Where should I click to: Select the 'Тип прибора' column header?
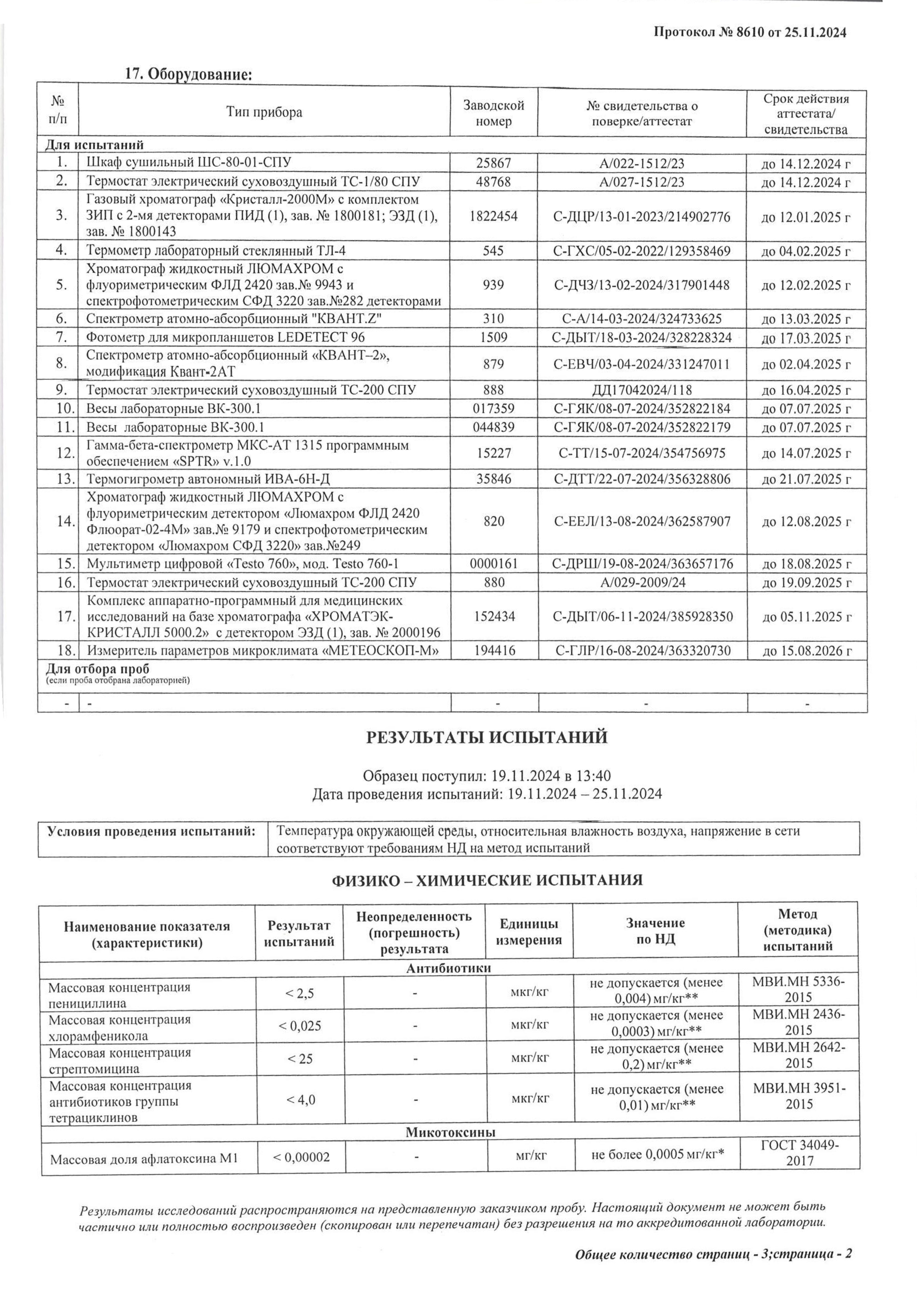(x=264, y=112)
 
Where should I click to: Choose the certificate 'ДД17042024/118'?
(x=642, y=390)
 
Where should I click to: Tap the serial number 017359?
(x=494, y=408)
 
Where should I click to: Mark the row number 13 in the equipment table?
(x=66, y=479)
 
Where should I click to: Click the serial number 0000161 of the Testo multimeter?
(x=494, y=564)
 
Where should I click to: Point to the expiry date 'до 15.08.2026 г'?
(x=806, y=651)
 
